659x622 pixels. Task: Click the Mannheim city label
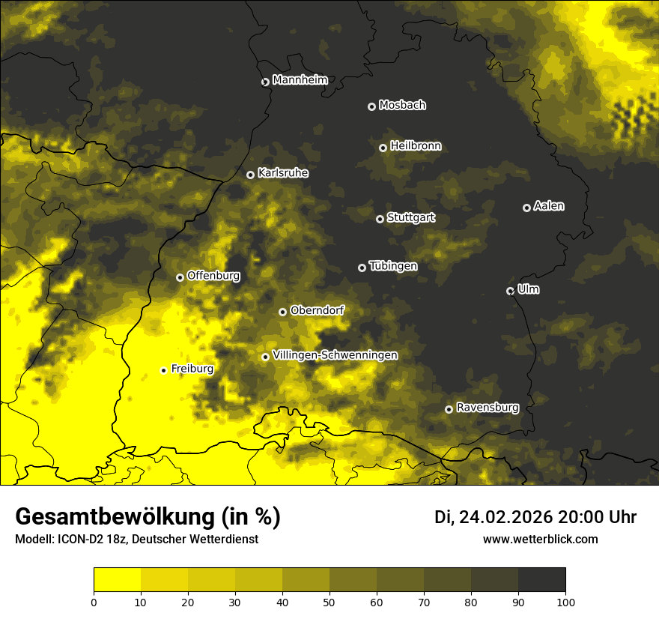point(300,80)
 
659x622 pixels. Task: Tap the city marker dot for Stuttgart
point(380,219)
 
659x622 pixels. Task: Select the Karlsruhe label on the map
point(282,173)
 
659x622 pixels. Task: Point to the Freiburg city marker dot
point(163,370)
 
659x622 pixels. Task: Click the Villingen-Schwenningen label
point(335,355)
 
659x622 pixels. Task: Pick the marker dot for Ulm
point(510,291)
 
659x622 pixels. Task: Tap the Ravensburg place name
point(488,408)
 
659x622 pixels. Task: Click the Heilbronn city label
point(416,146)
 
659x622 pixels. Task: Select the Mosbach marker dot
point(371,106)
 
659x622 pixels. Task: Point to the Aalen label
point(549,206)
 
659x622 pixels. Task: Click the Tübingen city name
point(393,266)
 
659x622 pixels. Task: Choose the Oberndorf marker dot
point(282,312)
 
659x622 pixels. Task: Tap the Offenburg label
point(213,276)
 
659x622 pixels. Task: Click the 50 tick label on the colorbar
point(329,602)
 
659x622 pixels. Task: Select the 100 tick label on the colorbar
point(565,602)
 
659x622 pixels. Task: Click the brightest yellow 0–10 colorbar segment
point(117,580)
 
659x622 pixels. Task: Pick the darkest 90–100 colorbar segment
point(541,580)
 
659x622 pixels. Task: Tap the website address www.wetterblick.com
point(540,539)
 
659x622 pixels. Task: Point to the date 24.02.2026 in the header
point(505,517)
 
